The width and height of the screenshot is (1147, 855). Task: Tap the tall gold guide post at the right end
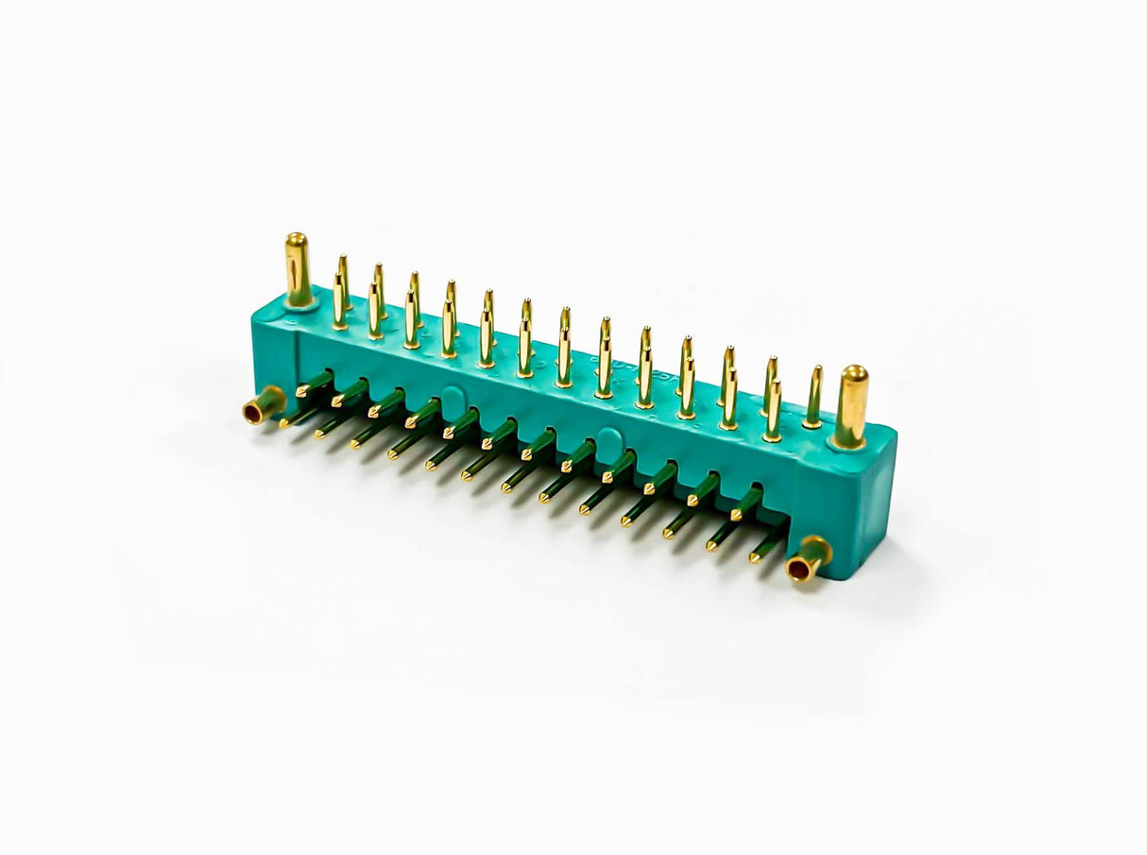click(x=851, y=405)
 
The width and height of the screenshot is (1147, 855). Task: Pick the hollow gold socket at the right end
click(x=809, y=559)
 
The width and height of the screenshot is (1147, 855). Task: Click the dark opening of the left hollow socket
click(x=254, y=412)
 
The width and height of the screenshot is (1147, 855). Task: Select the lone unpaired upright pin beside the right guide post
click(x=813, y=397)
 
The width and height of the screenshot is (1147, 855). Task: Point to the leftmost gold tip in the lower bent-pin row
click(x=283, y=424)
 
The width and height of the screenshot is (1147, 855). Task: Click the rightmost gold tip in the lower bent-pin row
click(x=755, y=558)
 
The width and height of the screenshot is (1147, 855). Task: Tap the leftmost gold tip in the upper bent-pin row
click(x=301, y=391)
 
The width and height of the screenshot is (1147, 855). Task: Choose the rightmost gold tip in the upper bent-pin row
click(x=736, y=516)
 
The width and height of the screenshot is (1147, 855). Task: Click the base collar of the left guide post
click(x=300, y=301)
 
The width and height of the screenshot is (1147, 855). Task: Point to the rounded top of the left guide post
click(x=297, y=239)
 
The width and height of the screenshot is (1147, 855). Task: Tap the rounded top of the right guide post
click(x=854, y=372)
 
